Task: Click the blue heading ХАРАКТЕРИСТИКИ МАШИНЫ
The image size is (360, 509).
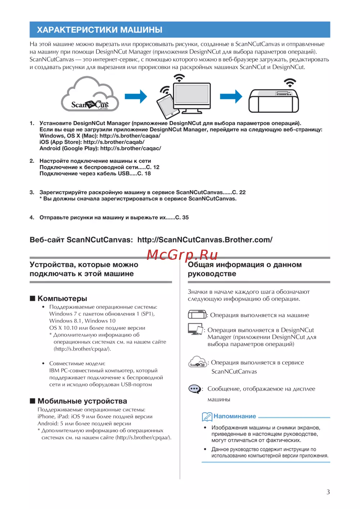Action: pyautogui.click(x=99, y=30)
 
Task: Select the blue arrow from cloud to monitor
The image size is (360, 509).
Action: pyautogui.click(x=136, y=97)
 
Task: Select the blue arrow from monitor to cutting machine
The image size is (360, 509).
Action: pyautogui.click(x=231, y=97)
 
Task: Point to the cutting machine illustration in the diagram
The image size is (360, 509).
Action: pyautogui.click(x=274, y=101)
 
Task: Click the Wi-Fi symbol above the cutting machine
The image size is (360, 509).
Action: pyautogui.click(x=289, y=82)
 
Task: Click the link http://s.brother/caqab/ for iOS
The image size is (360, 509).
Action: pyautogui.click(x=114, y=142)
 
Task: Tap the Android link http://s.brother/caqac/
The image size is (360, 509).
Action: pyautogui.click(x=130, y=148)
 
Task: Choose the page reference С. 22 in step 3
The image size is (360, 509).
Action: pyautogui.click(x=239, y=192)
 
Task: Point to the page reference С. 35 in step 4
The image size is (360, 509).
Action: pyautogui.click(x=182, y=218)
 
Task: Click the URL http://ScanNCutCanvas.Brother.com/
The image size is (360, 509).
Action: pyautogui.click(x=205, y=240)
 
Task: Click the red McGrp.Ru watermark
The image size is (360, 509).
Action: pyautogui.click(x=182, y=255)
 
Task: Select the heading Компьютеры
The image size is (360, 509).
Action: pyautogui.click(x=62, y=299)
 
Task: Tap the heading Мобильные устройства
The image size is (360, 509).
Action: pyautogui.click(x=82, y=401)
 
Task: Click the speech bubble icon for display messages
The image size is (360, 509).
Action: pyautogui.click(x=194, y=389)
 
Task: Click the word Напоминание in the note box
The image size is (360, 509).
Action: pyautogui.click(x=235, y=416)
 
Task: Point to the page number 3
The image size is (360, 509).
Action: pyautogui.click(x=328, y=492)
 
